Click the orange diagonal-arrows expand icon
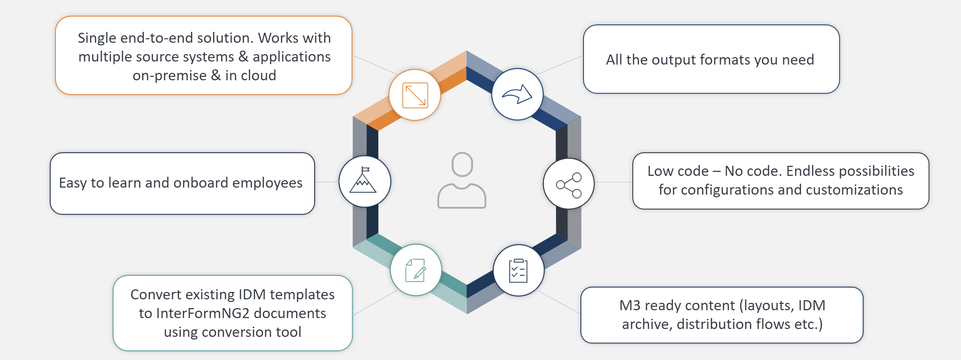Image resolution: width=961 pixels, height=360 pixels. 415,95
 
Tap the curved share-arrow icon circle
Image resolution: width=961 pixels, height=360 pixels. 517,94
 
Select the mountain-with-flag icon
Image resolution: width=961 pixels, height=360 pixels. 364,182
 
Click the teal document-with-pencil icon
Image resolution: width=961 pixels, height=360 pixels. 415,271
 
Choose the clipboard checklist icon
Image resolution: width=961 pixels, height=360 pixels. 518,271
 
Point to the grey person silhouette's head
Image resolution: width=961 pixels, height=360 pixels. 462,164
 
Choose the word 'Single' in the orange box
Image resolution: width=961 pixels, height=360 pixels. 97,38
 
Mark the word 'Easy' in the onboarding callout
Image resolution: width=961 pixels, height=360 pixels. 73,183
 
